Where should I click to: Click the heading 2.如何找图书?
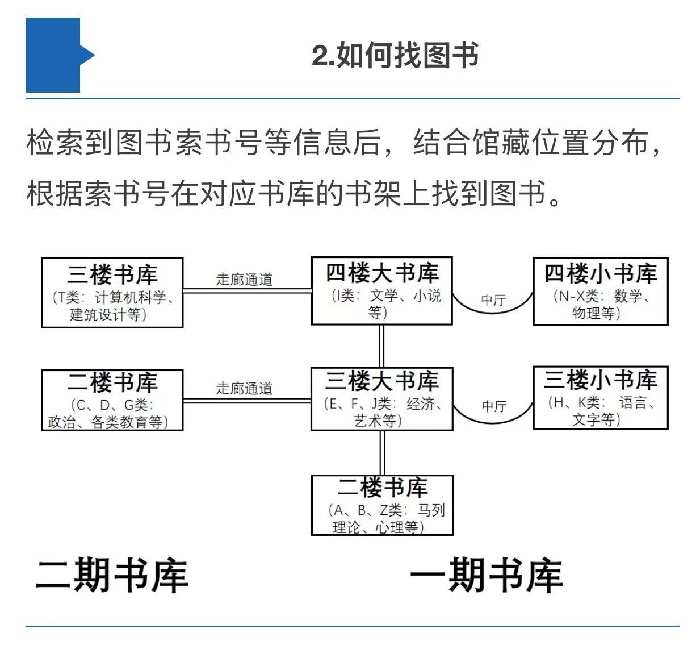click(x=395, y=55)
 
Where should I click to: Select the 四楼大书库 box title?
click(x=382, y=273)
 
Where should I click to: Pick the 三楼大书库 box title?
click(x=382, y=381)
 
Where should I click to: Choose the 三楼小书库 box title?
click(x=601, y=380)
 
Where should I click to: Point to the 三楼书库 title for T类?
click(x=112, y=275)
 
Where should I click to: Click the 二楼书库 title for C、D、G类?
click(x=112, y=382)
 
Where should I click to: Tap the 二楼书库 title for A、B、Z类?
click(x=383, y=488)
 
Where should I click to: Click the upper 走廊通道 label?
click(x=244, y=280)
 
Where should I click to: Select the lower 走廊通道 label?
click(x=244, y=389)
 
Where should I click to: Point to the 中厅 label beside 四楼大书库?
click(x=493, y=301)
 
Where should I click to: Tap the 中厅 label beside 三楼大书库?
click(x=494, y=406)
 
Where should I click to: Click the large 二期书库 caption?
click(x=112, y=575)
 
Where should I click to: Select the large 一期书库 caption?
click(x=487, y=575)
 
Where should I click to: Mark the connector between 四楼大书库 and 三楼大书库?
click(x=381, y=346)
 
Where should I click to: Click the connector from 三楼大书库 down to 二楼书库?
click(x=382, y=453)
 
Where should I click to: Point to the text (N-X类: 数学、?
click(x=602, y=296)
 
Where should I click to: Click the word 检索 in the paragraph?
click(x=56, y=142)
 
